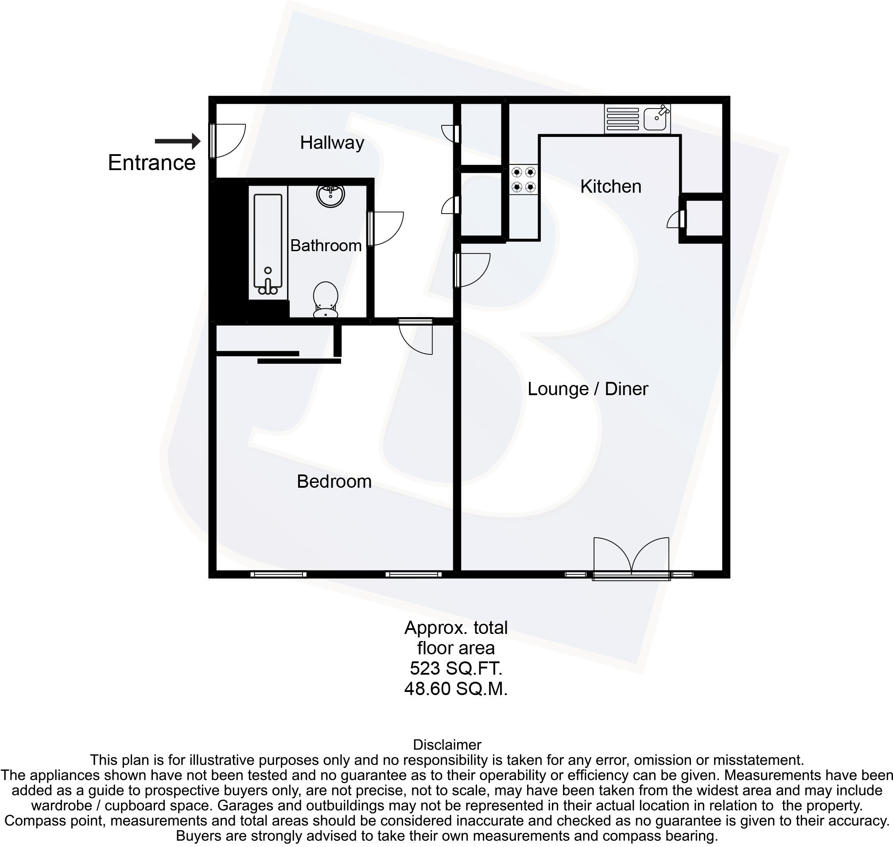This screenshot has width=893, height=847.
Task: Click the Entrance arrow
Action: [178, 141]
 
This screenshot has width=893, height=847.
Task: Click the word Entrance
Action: [151, 163]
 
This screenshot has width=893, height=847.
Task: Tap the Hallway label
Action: [332, 143]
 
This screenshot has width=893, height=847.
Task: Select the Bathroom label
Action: [326, 245]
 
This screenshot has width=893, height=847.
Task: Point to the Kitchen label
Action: [610, 186]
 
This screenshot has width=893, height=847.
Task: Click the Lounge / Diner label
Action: [587, 389]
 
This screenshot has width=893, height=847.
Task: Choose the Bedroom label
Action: [334, 481]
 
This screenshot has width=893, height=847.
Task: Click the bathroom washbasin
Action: [330, 194]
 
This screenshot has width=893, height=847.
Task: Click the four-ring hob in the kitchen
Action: [524, 179]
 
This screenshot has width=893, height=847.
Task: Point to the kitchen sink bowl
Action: [656, 119]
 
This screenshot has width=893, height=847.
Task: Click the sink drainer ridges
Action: [622, 119]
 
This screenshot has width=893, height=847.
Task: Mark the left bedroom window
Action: [278, 574]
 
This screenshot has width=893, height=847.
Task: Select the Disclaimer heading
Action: [447, 745]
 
